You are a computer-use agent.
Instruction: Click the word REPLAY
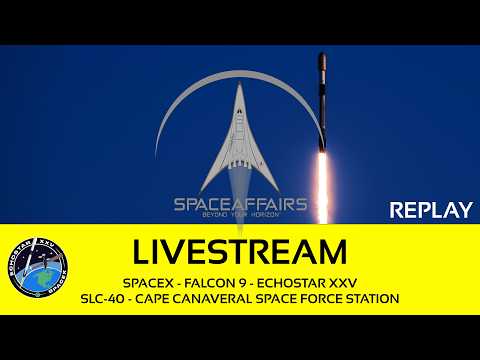[429, 210]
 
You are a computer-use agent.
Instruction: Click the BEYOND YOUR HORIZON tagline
[240, 219]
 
